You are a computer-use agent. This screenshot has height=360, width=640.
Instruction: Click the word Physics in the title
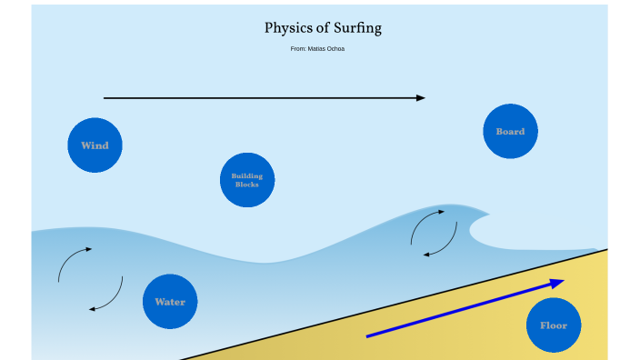click(288, 28)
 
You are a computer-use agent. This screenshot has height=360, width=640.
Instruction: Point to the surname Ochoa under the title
click(336, 48)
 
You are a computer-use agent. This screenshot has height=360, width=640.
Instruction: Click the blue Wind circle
click(95, 145)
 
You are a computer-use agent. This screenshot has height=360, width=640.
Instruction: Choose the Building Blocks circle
click(247, 179)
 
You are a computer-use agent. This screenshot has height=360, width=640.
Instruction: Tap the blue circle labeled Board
click(510, 131)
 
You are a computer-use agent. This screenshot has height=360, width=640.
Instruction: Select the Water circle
click(170, 301)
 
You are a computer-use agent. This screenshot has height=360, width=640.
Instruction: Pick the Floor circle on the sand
click(553, 325)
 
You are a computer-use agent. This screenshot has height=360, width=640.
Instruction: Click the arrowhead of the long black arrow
click(421, 97)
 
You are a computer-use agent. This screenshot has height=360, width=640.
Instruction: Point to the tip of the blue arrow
click(561, 281)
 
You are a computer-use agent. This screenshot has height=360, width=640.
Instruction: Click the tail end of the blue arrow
click(367, 336)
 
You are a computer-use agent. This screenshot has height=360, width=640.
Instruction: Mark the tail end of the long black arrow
click(105, 97)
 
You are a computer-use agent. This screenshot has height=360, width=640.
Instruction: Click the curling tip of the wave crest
click(486, 215)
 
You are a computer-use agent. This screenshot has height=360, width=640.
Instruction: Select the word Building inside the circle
click(247, 175)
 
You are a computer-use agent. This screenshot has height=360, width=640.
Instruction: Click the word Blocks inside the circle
click(247, 185)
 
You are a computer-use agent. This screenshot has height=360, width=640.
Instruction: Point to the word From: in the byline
click(298, 48)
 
